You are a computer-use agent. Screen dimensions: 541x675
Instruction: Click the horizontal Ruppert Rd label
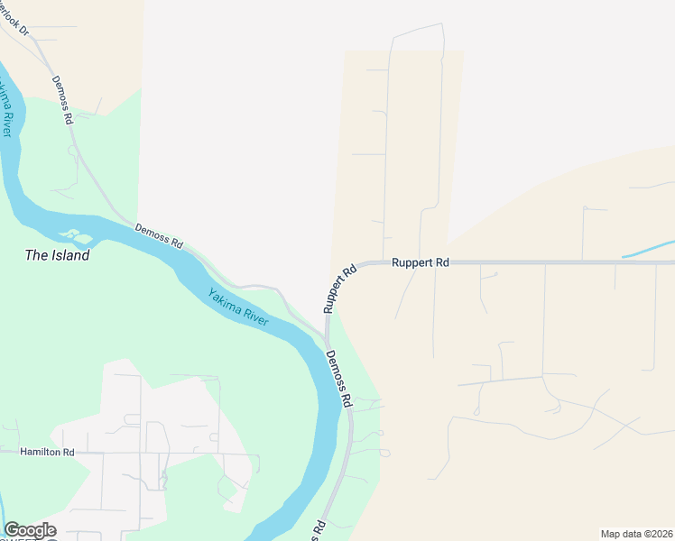click(420, 262)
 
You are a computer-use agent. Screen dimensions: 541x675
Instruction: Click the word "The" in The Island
click(36, 255)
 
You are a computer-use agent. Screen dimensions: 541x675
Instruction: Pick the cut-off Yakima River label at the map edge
click(6, 108)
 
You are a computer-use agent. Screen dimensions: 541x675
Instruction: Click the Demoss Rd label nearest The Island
click(159, 236)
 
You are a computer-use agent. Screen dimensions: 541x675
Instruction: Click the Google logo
click(30, 530)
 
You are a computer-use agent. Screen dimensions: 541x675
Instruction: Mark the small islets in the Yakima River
click(80, 237)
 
